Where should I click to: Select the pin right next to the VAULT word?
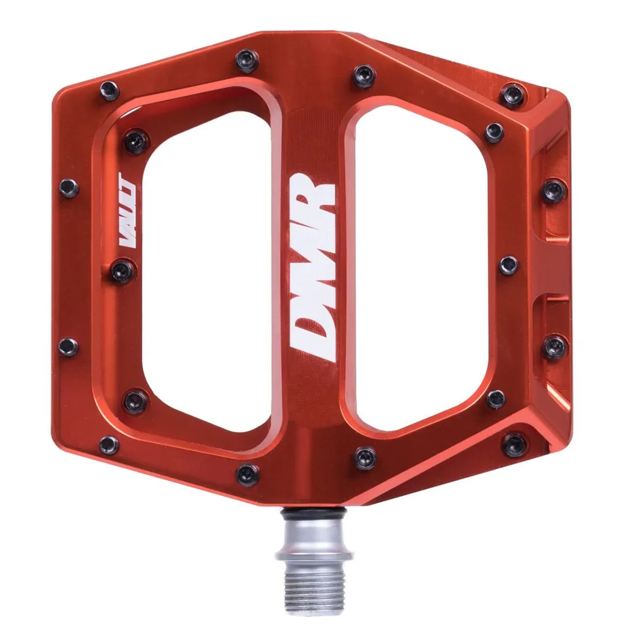tap(121, 272)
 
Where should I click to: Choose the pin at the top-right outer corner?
tap(513, 95)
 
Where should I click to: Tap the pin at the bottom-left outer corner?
tap(109, 444)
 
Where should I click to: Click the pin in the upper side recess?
tap(554, 190)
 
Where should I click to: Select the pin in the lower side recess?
tap(554, 346)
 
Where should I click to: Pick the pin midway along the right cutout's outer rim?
tap(507, 265)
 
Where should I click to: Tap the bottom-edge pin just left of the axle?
tap(247, 473)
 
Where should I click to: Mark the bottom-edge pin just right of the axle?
tap(365, 457)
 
